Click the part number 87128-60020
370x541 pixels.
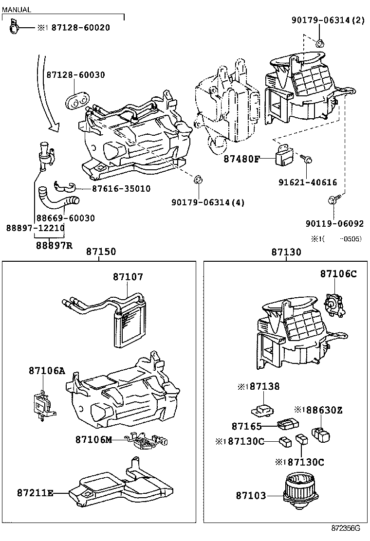click(x=81, y=28)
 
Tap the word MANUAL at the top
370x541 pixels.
click(x=16, y=10)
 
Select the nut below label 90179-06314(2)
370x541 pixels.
click(x=319, y=43)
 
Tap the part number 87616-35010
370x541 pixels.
click(x=121, y=188)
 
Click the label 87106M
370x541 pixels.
click(x=93, y=440)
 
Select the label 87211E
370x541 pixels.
click(x=35, y=493)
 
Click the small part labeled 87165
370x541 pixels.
click(x=288, y=424)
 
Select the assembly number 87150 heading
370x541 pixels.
click(x=101, y=252)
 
